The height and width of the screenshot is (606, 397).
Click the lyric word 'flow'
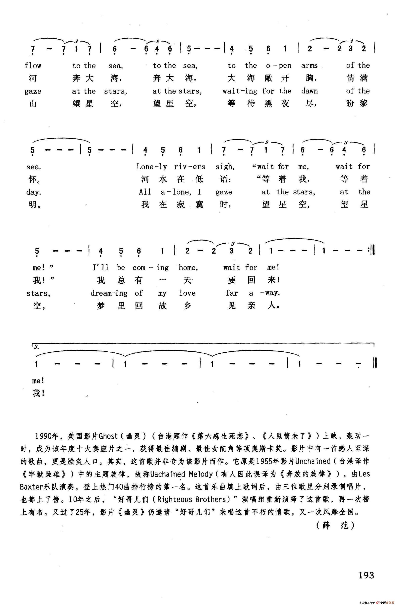point(33,66)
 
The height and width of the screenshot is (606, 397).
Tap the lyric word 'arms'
point(309,66)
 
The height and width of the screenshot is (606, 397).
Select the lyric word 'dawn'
point(309,91)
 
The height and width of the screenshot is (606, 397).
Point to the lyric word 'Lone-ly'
point(152,167)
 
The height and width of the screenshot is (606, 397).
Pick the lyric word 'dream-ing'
point(109,293)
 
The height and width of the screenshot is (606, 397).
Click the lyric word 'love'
point(187,293)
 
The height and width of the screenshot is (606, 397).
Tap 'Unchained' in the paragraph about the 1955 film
point(313,461)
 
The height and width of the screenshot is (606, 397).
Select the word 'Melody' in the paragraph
point(200,474)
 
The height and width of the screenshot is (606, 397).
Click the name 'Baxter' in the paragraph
point(32,487)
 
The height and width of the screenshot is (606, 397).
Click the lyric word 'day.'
point(34,192)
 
